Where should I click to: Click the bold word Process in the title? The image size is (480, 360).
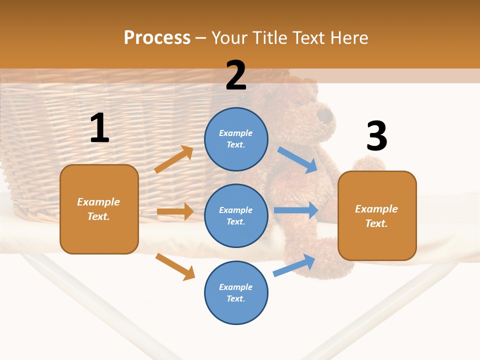pos(157,37)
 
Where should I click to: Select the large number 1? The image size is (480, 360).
pos(99,128)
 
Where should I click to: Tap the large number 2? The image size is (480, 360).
pos(236,75)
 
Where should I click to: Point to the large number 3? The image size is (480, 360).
pos(376,136)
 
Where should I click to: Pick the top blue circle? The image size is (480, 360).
pos(236,139)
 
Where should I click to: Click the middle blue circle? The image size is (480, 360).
pos(236,215)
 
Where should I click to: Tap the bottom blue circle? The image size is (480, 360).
pos(236,292)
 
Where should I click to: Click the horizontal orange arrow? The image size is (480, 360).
pos(175,211)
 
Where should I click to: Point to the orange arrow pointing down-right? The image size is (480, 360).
pos(175,266)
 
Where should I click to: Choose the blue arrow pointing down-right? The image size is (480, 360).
pos(297,160)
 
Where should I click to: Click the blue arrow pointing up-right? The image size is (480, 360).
pos(294,265)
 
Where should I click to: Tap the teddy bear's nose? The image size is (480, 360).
pos(325,116)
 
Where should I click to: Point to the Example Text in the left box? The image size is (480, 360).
pos(98,209)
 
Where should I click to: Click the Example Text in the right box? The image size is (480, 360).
pos(376,216)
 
